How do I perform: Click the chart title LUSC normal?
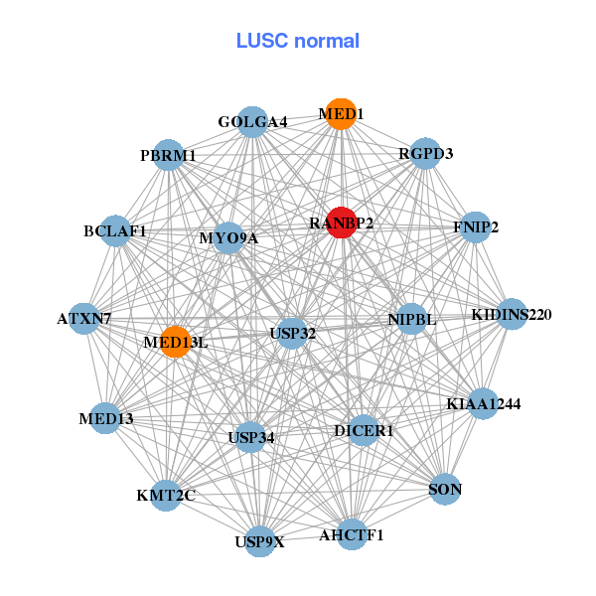pos(297,41)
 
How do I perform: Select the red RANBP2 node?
pos(341,222)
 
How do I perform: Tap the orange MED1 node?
pos(341,113)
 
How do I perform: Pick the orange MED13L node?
pos(175,341)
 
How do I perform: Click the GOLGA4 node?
pos(252,121)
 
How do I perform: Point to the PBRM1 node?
pos(168,156)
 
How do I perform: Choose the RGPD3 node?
pos(425,153)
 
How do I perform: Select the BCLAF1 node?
pos(115,230)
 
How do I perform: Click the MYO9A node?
pos(228,238)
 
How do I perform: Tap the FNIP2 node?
pos(476,226)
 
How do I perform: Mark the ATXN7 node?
pos(84,319)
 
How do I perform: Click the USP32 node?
pos(292,333)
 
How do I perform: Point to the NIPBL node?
pos(411,319)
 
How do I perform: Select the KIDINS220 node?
pos(512,314)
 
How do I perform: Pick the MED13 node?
pos(106,418)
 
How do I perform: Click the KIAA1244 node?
pos(483,403)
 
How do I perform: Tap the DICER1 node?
pos(364,430)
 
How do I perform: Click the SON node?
pos(445,489)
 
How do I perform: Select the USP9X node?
pos(259,541)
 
